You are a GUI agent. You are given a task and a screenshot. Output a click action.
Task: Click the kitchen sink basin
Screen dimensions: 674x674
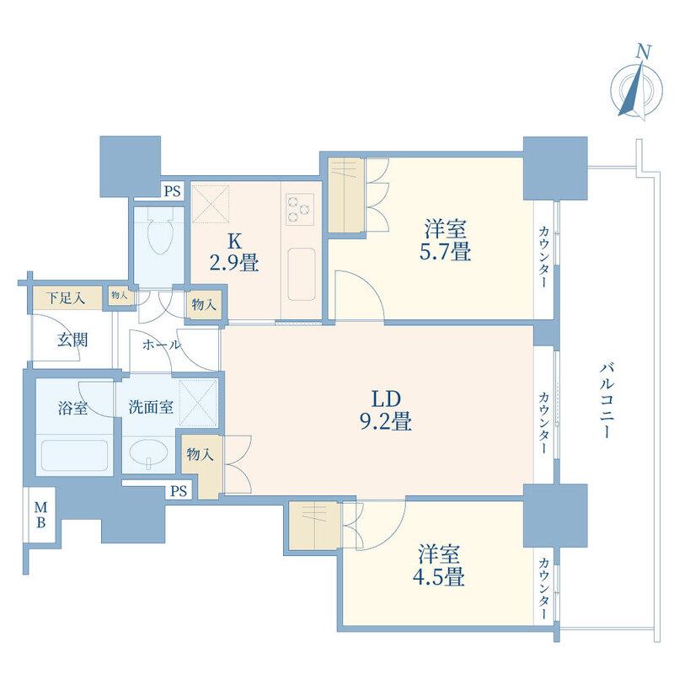(x=302, y=275)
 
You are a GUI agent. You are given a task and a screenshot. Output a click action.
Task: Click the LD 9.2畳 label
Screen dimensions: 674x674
(x=386, y=410)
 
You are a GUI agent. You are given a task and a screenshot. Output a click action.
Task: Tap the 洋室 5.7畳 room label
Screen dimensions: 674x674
(x=445, y=240)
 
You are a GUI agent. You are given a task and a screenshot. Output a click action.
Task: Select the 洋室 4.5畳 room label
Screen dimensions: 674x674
(x=438, y=565)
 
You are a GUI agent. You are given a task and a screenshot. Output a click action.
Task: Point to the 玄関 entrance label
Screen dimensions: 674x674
(x=72, y=340)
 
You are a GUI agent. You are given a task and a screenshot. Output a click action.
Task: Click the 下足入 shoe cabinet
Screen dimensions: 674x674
(x=67, y=298)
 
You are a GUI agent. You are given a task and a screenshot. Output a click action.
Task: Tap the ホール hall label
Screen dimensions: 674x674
(x=162, y=345)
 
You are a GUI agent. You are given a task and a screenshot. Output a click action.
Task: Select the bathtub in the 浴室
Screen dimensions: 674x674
(x=74, y=455)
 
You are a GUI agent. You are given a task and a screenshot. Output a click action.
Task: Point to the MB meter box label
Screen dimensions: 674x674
(x=40, y=515)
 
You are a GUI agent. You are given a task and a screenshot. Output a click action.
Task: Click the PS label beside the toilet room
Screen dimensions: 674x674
(x=173, y=190)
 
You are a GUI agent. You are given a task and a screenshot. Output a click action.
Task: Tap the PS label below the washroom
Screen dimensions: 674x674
(x=179, y=490)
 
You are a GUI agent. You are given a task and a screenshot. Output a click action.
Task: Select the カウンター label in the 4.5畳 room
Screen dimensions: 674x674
(x=543, y=589)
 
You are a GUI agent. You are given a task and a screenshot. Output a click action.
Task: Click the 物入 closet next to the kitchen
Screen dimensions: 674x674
(x=204, y=305)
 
